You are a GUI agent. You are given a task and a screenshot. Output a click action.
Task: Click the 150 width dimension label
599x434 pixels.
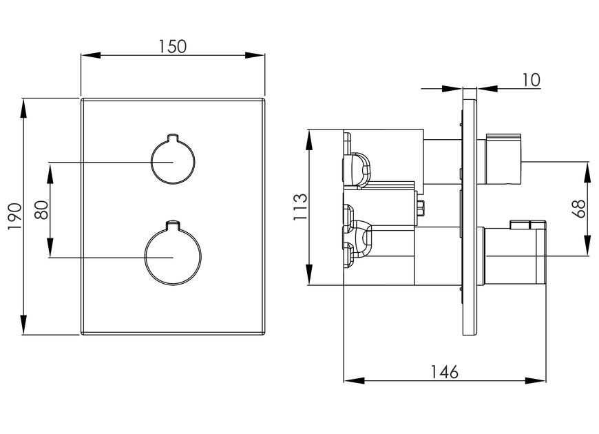tap(172, 46)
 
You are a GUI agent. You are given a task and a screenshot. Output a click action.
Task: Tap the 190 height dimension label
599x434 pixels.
tap(15, 217)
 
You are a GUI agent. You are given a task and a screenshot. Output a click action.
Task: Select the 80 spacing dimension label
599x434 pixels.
tap(41, 210)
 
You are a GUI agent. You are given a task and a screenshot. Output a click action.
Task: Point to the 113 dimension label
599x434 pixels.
tap(300, 207)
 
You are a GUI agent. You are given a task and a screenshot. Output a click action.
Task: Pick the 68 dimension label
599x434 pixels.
tap(580, 209)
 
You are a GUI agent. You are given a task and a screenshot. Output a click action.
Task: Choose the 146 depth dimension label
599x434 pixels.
tap(444, 372)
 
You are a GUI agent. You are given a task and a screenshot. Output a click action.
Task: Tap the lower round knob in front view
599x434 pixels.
tap(173, 253)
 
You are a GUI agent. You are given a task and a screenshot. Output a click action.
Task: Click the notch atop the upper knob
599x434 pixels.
tap(173, 137)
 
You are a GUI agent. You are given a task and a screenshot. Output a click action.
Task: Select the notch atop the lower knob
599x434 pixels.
tap(173, 225)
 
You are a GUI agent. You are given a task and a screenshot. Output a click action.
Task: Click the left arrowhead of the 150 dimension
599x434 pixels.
tap(90, 55)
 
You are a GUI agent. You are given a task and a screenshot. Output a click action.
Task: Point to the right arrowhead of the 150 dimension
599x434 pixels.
tap(255, 55)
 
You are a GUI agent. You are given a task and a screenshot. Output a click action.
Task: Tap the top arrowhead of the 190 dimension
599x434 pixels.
tap(23, 109)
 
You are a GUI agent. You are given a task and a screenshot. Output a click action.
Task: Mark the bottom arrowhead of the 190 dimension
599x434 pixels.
tap(23, 325)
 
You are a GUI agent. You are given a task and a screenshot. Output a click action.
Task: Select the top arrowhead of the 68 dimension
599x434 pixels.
tap(587, 172)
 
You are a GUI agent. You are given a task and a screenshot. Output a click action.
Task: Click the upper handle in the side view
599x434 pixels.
tap(503, 159)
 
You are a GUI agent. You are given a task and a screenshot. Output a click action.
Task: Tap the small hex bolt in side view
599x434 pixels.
tap(421, 209)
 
